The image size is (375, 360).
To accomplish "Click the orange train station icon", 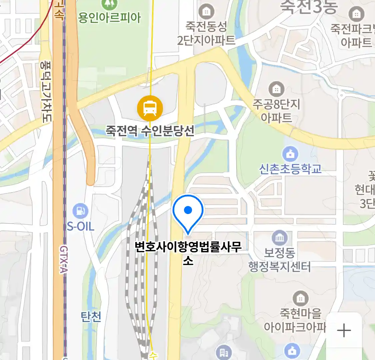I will (150, 108).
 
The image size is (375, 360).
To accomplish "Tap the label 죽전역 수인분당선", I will (150, 130).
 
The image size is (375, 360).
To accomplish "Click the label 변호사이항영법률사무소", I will (188, 252).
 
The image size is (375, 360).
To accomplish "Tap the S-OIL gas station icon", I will (80, 211).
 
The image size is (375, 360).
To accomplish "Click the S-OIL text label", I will (81, 227).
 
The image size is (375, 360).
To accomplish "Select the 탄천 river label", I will (91, 317).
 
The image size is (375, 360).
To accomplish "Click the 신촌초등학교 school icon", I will (290, 154).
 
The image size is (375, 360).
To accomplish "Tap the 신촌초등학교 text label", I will (290, 169).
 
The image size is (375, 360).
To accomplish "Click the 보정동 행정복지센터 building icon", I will (280, 238).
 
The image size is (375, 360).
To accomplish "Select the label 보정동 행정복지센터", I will (280, 260).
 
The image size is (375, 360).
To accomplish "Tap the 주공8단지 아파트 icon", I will (276, 89).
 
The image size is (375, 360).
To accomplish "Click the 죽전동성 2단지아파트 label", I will (206, 33).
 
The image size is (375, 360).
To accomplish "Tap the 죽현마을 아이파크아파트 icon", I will (301, 298).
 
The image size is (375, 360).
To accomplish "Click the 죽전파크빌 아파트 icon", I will (356, 14).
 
